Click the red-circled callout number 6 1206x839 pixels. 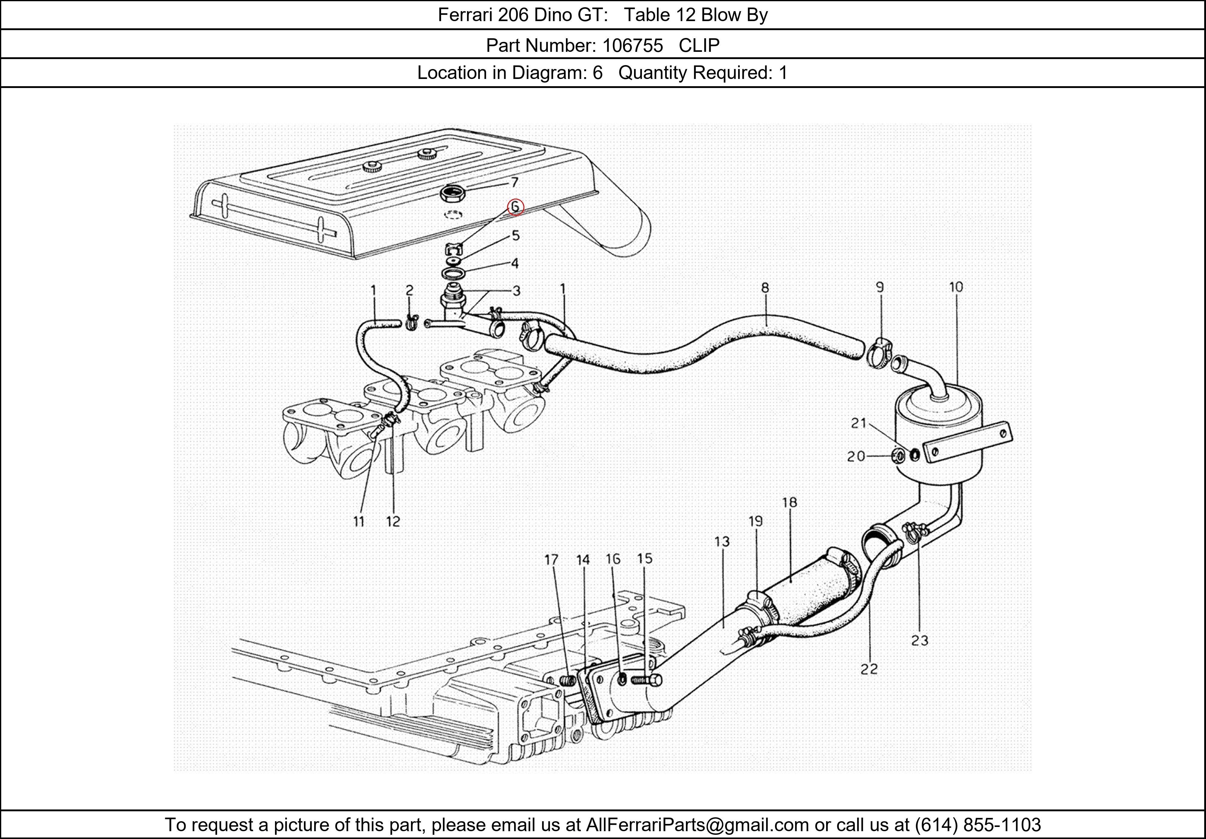pos(515,207)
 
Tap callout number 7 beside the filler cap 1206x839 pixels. pos(515,182)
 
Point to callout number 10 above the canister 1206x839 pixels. pos(956,287)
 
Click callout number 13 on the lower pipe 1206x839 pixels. pos(722,541)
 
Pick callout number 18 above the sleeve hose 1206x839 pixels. pos(789,502)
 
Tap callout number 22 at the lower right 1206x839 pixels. pos(869,669)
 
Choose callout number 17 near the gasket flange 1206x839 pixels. pos(551,560)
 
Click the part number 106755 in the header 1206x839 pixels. pos(633,46)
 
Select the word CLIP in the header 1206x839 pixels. pos(699,46)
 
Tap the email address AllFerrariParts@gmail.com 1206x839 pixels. pos(697,825)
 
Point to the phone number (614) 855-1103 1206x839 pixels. pos(978,825)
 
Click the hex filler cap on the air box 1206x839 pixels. pos(453,195)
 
